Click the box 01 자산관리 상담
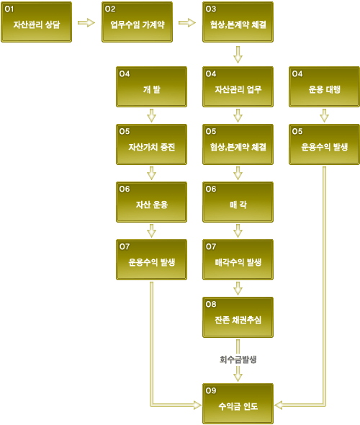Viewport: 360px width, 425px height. point(36,22)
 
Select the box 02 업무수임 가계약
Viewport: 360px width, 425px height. point(137,22)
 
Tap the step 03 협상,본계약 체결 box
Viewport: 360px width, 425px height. point(238,22)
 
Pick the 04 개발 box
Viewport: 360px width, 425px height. point(151,86)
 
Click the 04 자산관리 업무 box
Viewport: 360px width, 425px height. point(238,86)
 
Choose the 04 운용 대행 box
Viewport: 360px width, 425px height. point(324,86)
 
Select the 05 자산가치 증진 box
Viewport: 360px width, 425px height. point(151,145)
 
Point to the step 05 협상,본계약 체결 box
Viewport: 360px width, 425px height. point(238,145)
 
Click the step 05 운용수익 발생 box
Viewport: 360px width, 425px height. point(324,145)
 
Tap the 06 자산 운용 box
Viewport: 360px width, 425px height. point(151,202)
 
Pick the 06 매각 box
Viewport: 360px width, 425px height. point(238,202)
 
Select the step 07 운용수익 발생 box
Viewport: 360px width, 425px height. point(151,259)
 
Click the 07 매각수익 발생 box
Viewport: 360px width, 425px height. point(238,259)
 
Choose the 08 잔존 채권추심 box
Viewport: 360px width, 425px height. point(238,318)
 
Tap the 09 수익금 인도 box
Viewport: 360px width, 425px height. point(238,404)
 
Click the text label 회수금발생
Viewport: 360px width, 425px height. point(238,359)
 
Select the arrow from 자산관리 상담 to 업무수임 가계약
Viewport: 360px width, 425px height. point(86,22)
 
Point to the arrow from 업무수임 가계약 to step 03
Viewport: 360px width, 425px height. point(187,22)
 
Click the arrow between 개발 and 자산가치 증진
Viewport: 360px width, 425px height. point(151,116)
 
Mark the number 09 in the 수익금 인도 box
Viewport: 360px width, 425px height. point(211,390)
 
